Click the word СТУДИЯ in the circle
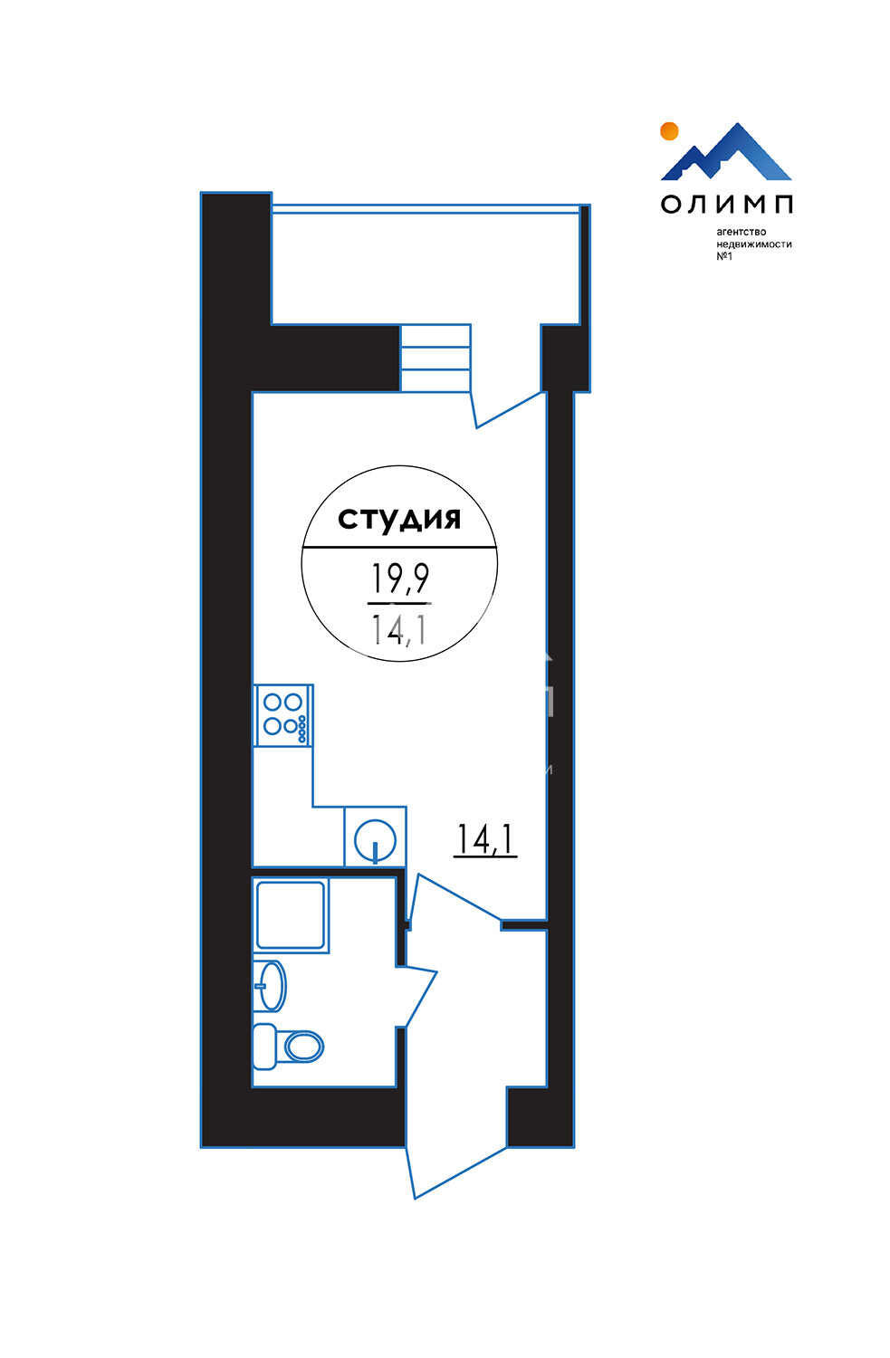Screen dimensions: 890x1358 (x=399, y=520)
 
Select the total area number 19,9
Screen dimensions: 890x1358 (x=399, y=579)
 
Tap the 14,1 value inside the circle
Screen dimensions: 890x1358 (x=399, y=628)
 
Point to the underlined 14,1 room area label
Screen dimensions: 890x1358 (x=485, y=839)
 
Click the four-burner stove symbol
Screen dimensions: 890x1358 (x=283, y=715)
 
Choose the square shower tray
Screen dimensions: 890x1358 (x=291, y=915)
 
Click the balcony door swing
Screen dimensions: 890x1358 (x=508, y=410)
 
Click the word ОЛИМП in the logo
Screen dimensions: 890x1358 (x=726, y=205)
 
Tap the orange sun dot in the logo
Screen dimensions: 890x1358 (x=669, y=131)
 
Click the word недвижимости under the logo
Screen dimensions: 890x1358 (x=754, y=244)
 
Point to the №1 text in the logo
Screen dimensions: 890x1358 (x=724, y=256)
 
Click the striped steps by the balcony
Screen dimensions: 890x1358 (x=435, y=358)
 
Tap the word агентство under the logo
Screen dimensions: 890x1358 (x=742, y=232)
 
